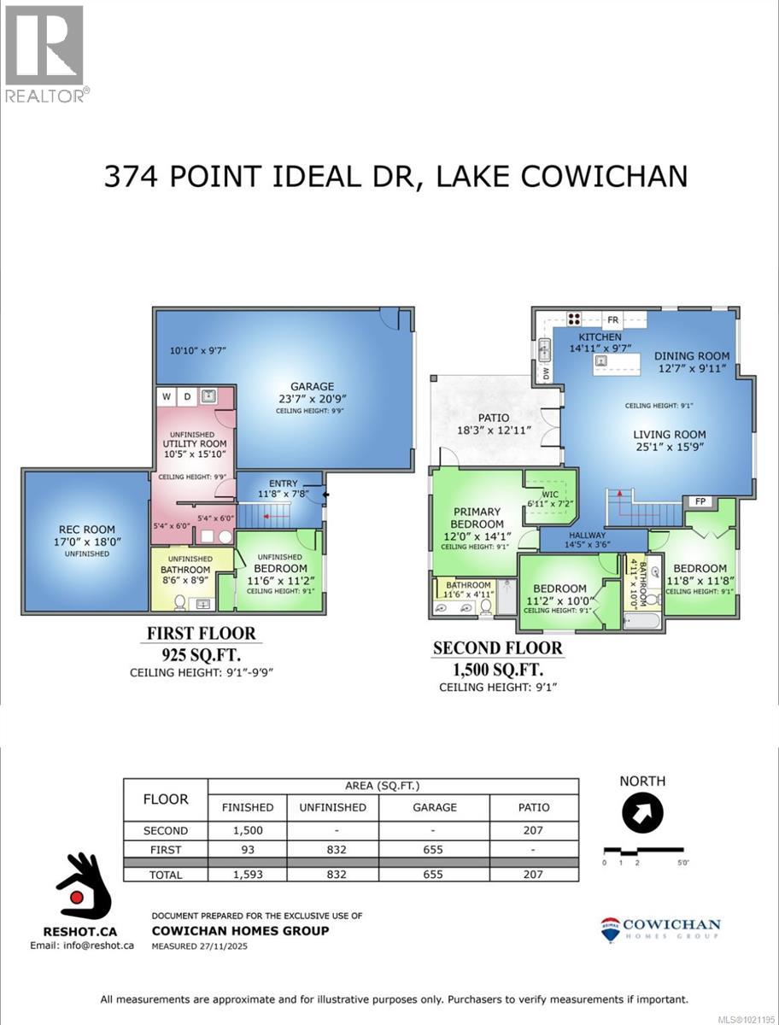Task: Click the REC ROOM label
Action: (86, 530)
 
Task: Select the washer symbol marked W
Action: (166, 396)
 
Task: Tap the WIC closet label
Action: (548, 493)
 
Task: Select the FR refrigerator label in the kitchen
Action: (612, 320)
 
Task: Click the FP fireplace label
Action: (700, 501)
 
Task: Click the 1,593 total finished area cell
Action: (248, 874)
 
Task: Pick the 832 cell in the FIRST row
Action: (337, 850)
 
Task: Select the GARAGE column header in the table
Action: (434, 806)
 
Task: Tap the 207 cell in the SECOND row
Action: (534, 830)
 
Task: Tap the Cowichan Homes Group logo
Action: (660, 929)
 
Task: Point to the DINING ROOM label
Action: (692, 356)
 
